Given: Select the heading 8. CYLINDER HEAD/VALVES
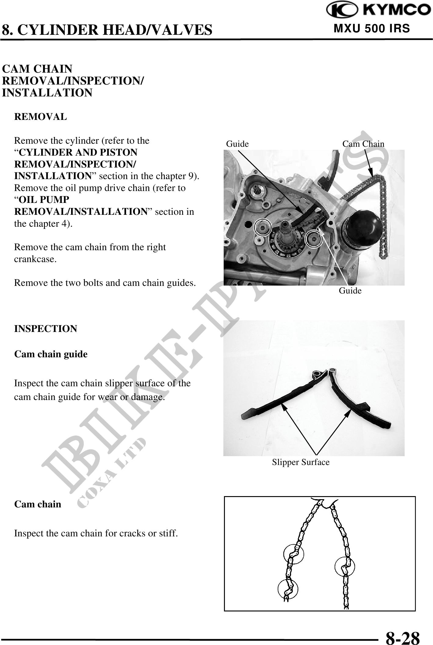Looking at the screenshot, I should [x=107, y=30].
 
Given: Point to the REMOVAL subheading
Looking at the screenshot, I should [x=41, y=117].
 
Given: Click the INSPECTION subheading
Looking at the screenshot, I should [x=46, y=329].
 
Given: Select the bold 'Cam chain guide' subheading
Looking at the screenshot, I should [x=51, y=354].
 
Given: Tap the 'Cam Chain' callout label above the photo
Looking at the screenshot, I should [x=363, y=144].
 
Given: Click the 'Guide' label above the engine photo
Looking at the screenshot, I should [x=237, y=144].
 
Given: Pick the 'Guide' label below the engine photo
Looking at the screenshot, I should [x=350, y=291].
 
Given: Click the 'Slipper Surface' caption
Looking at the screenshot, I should [x=301, y=462].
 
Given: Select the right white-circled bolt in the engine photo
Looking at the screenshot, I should [x=314, y=238].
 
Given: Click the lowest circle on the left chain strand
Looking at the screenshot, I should [x=288, y=589].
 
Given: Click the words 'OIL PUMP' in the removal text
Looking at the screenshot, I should [x=44, y=200].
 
